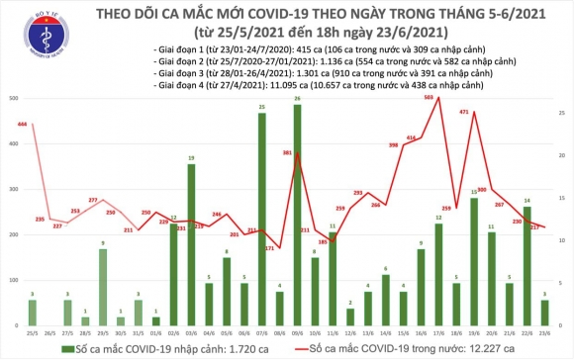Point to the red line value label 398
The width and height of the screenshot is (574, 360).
pyautogui.click(x=393, y=146)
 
